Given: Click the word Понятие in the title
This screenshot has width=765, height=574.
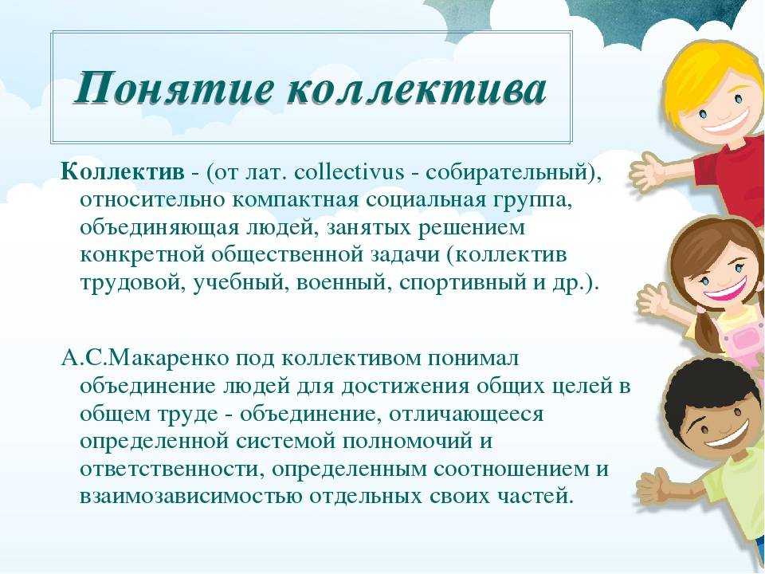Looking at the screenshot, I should (172, 89).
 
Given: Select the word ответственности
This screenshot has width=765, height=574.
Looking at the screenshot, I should (163, 469).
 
